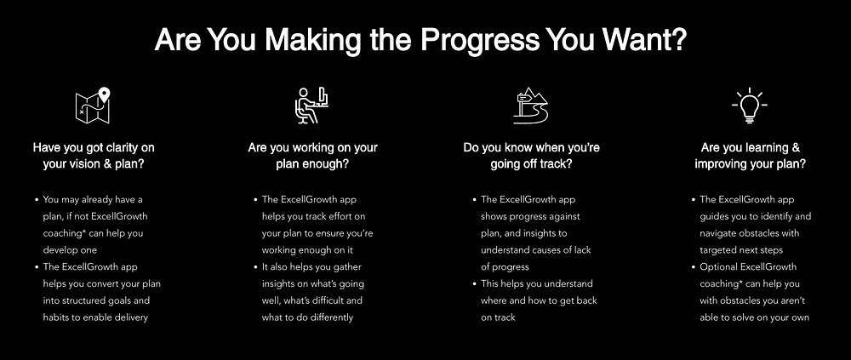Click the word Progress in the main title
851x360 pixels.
click(479, 41)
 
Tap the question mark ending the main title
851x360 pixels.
click(678, 39)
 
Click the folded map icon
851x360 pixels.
click(93, 106)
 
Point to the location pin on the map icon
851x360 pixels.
click(104, 94)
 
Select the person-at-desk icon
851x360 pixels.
click(311, 106)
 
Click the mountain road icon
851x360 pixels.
click(531, 106)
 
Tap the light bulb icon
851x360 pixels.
click(750, 106)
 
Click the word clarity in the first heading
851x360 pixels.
click(122, 148)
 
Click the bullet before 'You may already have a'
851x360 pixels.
click(37, 200)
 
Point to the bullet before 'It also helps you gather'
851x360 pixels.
click(255, 267)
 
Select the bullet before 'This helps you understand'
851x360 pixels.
click(475, 284)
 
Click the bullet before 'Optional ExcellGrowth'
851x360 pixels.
click(694, 267)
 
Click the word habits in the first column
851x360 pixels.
click(56, 317)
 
